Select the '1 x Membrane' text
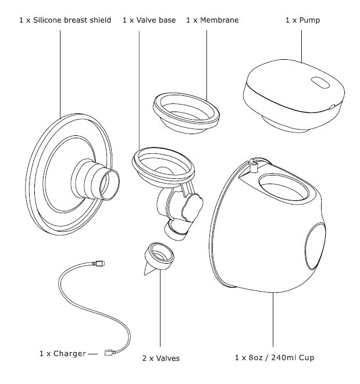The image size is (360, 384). pos(212,20)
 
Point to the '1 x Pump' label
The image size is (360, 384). pos(302,20)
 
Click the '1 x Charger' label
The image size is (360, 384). pos(63,353)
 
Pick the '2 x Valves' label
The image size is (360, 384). pos(160,358)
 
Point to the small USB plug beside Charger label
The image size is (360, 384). pos(109,351)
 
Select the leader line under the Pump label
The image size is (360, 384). pos(301,46)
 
